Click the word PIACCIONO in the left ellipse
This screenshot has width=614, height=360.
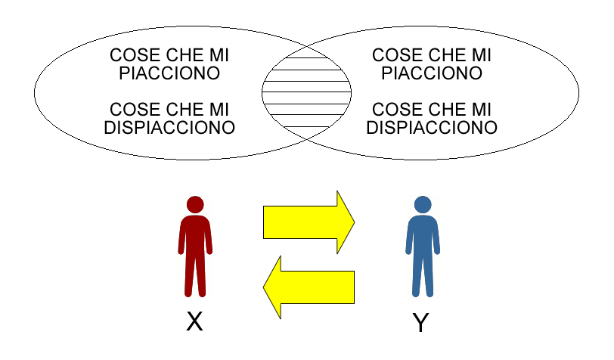(169, 73)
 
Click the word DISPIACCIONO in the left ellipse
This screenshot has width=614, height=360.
(169, 128)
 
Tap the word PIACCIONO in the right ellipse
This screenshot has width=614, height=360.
(432, 73)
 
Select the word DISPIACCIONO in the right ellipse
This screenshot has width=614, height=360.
(432, 128)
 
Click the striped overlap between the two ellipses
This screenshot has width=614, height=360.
(306, 93)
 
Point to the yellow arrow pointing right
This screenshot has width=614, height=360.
(309, 222)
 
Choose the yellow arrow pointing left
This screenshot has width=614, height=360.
(309, 287)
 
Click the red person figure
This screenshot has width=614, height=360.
(195, 247)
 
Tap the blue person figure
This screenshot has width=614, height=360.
(423, 247)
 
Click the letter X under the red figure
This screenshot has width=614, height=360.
(194, 321)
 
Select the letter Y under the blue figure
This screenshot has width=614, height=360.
(421, 322)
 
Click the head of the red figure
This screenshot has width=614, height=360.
(195, 204)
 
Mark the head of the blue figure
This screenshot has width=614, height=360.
(423, 204)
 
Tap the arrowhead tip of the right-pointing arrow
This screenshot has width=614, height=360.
(355, 222)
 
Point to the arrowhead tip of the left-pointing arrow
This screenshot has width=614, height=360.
(263, 287)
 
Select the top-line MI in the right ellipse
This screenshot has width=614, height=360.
(481, 55)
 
